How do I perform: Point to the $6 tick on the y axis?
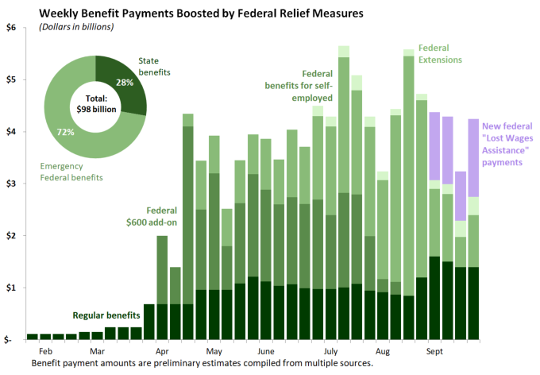pos(10,28)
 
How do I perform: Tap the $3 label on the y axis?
pos(10,184)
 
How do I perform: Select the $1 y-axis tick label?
pos(10,287)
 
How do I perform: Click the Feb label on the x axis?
pos(45,350)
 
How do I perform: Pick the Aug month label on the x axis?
pos(382,350)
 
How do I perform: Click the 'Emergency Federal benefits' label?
pos(71,172)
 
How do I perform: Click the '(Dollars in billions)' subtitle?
pos(75,28)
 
